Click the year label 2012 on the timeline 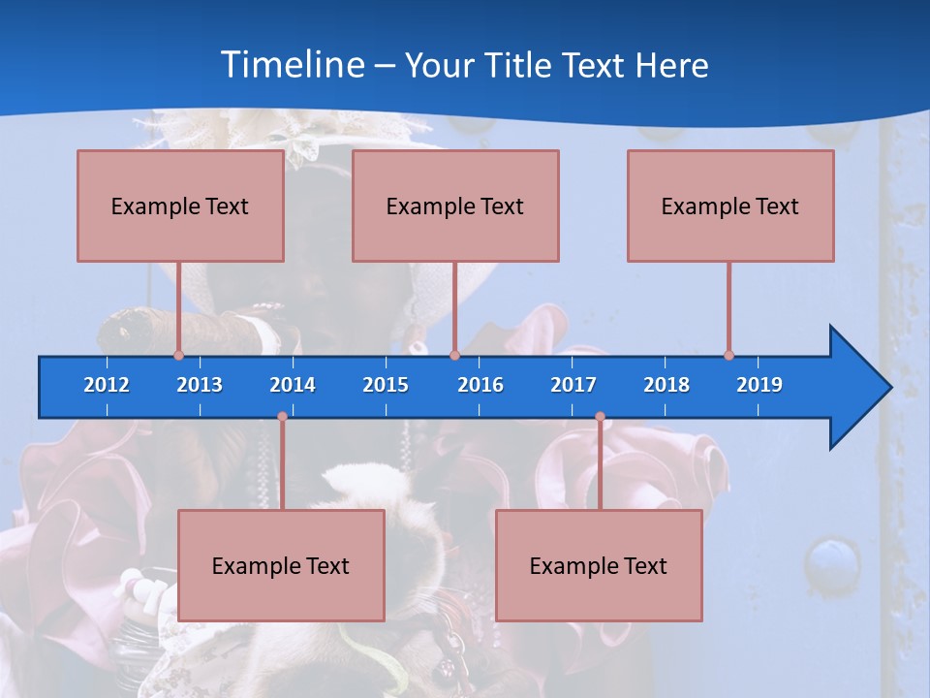tap(107, 385)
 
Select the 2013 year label tap(200, 385)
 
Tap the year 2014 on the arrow tap(293, 385)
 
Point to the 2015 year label tap(386, 385)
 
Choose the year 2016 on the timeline tap(480, 385)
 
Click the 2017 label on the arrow tap(573, 385)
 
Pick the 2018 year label tap(666, 385)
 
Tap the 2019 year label tap(759, 385)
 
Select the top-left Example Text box tap(180, 206)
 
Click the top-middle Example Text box tap(455, 206)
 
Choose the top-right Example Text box tap(730, 206)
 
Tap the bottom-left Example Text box tap(281, 565)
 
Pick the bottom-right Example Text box tap(599, 565)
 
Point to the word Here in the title tap(671, 66)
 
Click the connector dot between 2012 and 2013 tap(178, 355)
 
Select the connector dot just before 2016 tap(454, 355)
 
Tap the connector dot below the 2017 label tap(600, 417)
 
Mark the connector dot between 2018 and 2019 tap(728, 355)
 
